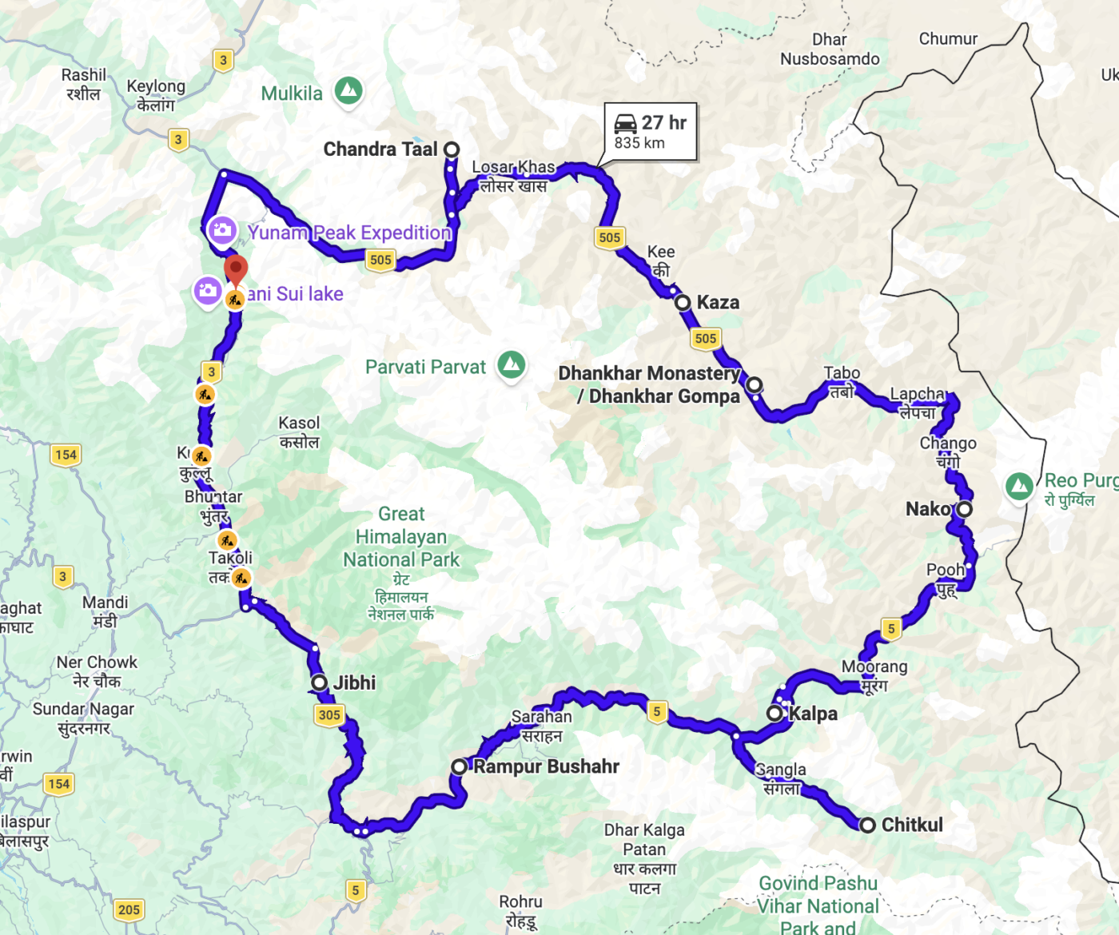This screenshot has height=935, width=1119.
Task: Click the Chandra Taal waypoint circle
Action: (452, 149)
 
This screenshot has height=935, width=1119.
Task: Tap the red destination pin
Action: (236, 270)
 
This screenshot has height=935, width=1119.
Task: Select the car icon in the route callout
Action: (625, 124)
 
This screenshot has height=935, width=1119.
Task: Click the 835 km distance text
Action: (639, 143)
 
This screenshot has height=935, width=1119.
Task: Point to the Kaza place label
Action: (718, 302)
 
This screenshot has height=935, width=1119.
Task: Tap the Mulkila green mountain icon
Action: (348, 90)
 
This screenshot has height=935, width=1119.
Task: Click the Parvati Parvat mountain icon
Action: (512, 365)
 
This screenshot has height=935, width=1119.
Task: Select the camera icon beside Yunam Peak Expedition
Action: (221, 231)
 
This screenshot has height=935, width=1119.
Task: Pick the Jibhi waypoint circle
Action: (320, 682)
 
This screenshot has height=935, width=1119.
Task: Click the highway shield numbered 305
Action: (329, 715)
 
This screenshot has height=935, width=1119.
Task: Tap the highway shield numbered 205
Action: (129, 909)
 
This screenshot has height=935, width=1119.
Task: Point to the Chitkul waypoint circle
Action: (867, 825)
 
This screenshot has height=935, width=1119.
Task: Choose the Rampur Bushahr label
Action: (546, 766)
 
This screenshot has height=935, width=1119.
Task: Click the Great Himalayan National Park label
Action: (401, 537)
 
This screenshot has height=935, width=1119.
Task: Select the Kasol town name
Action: (299, 424)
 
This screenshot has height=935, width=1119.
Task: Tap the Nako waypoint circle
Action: (965, 509)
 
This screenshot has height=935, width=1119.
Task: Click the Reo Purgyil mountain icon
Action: (1019, 485)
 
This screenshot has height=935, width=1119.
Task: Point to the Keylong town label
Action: (156, 86)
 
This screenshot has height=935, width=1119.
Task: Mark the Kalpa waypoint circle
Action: (775, 713)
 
